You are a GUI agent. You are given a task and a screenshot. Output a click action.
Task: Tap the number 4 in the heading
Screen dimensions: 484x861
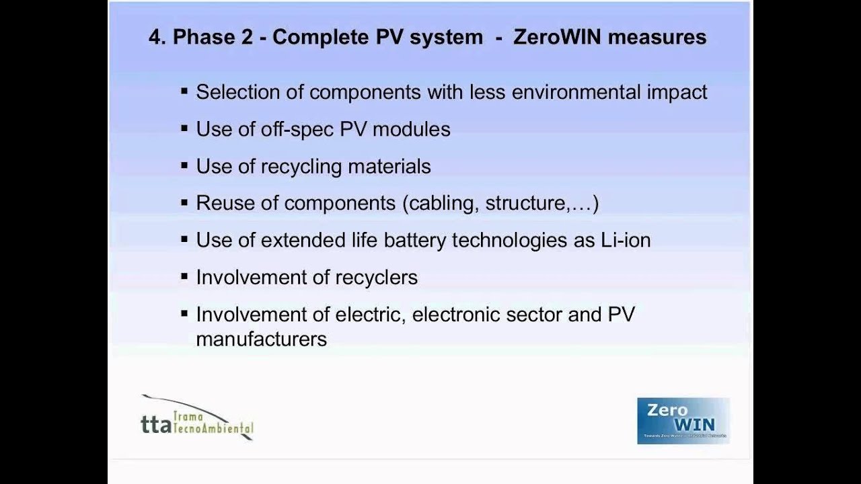pyautogui.click(x=155, y=37)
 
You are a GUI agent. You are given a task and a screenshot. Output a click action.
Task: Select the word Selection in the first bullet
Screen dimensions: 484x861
pyautogui.click(x=235, y=92)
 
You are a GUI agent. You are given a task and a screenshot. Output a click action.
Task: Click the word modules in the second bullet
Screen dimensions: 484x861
pyautogui.click(x=411, y=129)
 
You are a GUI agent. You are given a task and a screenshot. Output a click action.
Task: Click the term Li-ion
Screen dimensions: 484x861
pyautogui.click(x=625, y=240)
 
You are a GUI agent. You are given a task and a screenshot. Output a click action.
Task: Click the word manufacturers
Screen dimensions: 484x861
pyautogui.click(x=261, y=339)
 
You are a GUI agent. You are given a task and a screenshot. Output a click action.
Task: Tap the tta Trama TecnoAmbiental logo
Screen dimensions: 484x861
pyautogui.click(x=197, y=418)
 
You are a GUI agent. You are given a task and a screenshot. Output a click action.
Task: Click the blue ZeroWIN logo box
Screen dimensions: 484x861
pyautogui.click(x=683, y=421)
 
